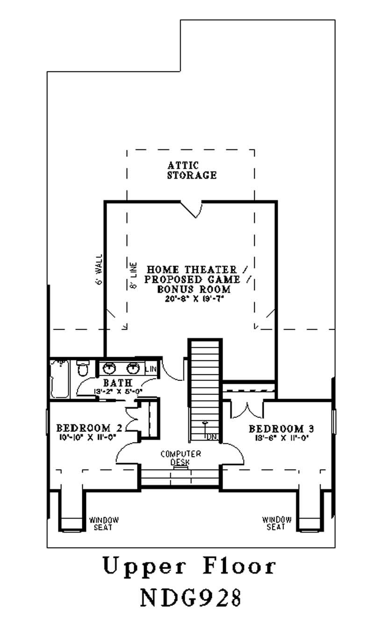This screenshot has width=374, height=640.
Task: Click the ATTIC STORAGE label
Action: pos(192,170)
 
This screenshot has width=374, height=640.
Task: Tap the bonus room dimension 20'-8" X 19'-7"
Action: pos(192,300)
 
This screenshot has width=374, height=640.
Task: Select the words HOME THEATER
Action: pos(192,270)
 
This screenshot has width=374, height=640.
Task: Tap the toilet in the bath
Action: pos(82,368)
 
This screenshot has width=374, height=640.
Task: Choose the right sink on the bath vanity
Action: pos(134,368)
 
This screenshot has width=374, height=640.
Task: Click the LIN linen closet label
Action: pos(151,369)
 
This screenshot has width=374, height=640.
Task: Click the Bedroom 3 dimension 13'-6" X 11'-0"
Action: pos(281,438)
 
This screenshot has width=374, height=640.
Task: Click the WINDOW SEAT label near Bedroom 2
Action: pos(104,523)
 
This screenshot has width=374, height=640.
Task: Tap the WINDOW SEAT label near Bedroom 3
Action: pos(277,523)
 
